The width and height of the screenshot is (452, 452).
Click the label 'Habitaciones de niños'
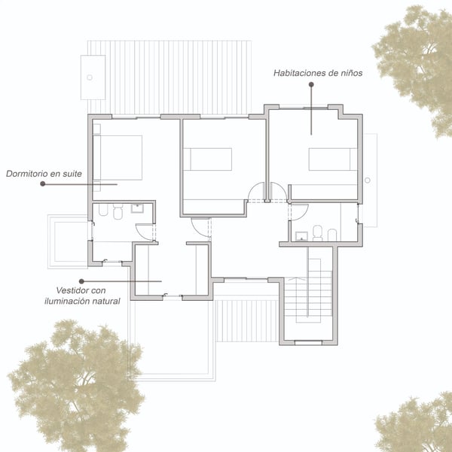[318, 73]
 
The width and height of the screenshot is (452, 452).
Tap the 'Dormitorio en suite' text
[44, 174]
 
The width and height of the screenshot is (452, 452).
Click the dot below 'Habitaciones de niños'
[311, 84]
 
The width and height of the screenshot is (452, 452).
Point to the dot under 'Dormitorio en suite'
[43, 184]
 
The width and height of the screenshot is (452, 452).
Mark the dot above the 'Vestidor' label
[81, 281]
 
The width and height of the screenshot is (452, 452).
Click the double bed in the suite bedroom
[118, 158]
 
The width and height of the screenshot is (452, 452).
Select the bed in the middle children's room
[208, 159]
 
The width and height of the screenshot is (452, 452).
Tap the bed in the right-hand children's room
[333, 159]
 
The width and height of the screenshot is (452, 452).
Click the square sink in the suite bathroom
[137, 208]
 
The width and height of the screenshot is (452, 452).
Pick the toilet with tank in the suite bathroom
[118, 211]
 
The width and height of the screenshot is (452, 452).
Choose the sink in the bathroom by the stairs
[302, 236]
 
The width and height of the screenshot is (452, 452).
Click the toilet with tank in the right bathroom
[317, 233]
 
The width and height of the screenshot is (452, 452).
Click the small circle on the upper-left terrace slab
[90, 77]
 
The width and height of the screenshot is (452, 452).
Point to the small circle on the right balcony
[368, 180]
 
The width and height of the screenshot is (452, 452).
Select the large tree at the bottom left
[75, 385]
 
